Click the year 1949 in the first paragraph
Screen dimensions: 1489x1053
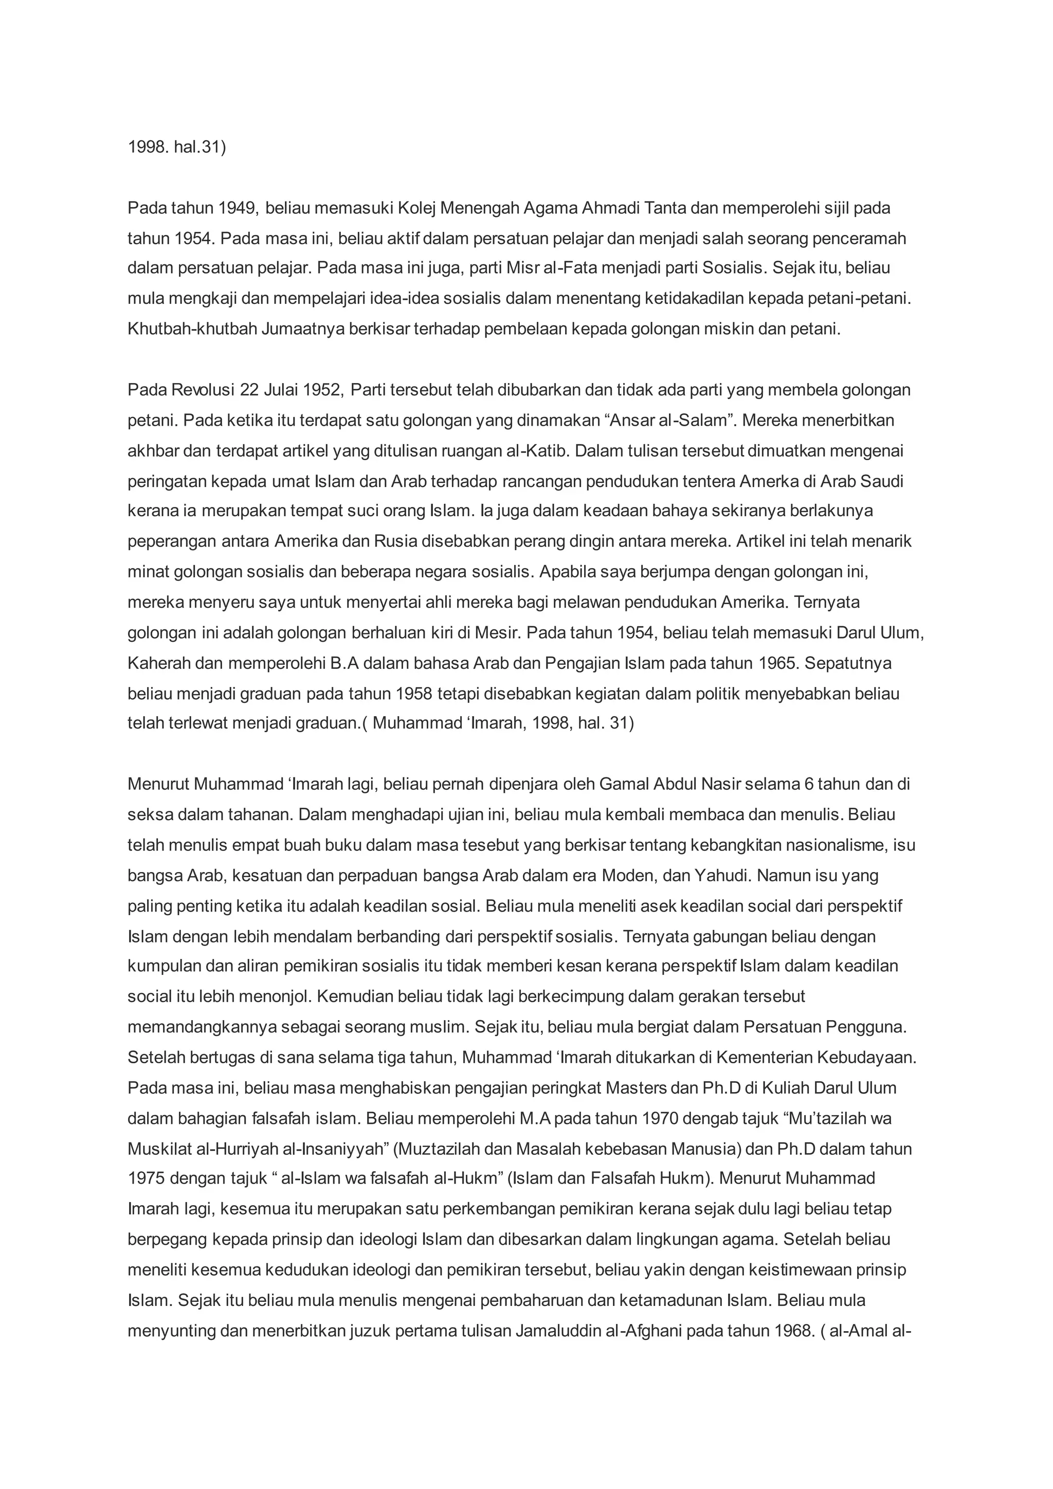click(238, 208)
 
